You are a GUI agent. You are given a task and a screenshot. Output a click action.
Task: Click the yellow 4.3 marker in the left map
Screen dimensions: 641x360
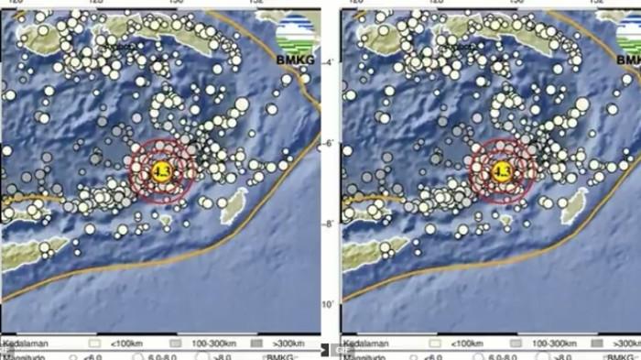(163, 171)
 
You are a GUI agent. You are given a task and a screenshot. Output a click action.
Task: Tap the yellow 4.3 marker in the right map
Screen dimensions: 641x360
(502, 171)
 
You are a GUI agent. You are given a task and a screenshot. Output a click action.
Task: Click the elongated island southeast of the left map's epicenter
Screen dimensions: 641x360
(235, 204)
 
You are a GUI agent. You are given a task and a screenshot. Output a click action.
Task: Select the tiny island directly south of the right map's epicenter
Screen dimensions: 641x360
(505, 220)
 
